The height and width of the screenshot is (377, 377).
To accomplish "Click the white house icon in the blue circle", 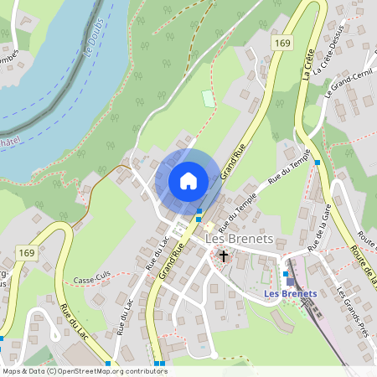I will tap(188, 180).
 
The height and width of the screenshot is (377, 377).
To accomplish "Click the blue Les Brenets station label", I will tap(289, 293).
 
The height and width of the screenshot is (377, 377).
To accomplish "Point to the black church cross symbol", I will tap(223, 255).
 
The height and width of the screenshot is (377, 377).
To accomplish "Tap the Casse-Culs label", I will tap(92, 280).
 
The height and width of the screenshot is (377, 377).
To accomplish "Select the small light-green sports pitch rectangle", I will tap(208, 98).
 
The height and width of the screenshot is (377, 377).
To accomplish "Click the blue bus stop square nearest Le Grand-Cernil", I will tap(317, 163).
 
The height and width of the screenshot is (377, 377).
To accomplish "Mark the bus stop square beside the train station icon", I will tap(285, 273).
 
